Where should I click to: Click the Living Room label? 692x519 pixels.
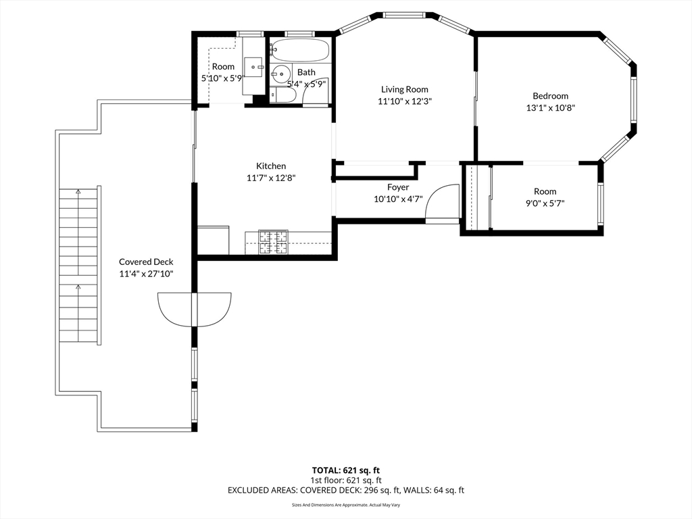click(x=405, y=90)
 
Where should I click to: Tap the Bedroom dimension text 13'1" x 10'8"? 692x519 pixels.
click(x=550, y=107)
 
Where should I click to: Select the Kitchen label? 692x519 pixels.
click(x=271, y=166)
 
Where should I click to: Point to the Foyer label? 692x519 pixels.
click(x=398, y=187)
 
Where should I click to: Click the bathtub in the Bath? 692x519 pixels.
click(x=300, y=51)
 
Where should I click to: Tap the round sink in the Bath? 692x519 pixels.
click(x=280, y=74)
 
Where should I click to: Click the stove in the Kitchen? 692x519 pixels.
click(x=273, y=243)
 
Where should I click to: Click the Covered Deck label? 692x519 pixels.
click(x=146, y=262)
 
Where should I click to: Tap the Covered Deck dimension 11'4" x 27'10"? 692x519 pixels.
click(x=146, y=274)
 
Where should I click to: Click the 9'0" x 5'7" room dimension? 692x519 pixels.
click(x=545, y=203)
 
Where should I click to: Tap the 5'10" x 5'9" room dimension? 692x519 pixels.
click(x=223, y=78)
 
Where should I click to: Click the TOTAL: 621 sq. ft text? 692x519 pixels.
click(x=345, y=470)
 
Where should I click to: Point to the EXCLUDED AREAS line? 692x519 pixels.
click(x=346, y=491)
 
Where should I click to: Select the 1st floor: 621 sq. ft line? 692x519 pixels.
click(x=346, y=480)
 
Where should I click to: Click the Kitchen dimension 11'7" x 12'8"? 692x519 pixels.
click(x=271, y=178)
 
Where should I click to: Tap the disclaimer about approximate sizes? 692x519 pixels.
click(x=346, y=505)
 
